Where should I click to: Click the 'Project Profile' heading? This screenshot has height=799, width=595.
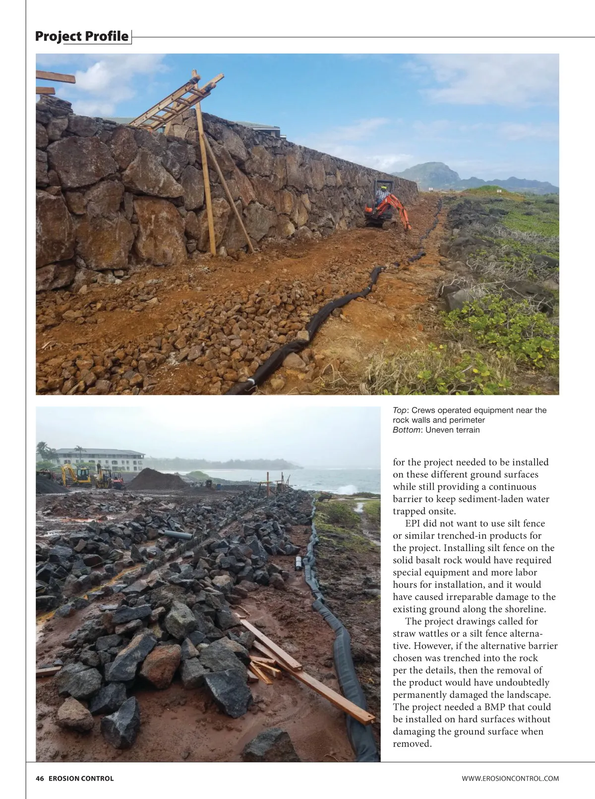(x=82, y=36)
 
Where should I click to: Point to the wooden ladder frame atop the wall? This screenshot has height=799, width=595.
(x=178, y=102)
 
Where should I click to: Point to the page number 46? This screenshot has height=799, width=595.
(x=40, y=779)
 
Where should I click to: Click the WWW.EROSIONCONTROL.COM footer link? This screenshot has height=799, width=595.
(x=510, y=779)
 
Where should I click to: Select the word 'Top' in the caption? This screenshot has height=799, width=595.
(x=399, y=410)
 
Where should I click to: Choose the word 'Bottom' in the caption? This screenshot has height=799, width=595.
(x=406, y=430)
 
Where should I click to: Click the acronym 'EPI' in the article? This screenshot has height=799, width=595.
(x=415, y=524)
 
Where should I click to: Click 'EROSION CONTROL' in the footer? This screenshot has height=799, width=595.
(x=81, y=779)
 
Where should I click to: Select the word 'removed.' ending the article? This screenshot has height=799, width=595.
(x=412, y=744)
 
